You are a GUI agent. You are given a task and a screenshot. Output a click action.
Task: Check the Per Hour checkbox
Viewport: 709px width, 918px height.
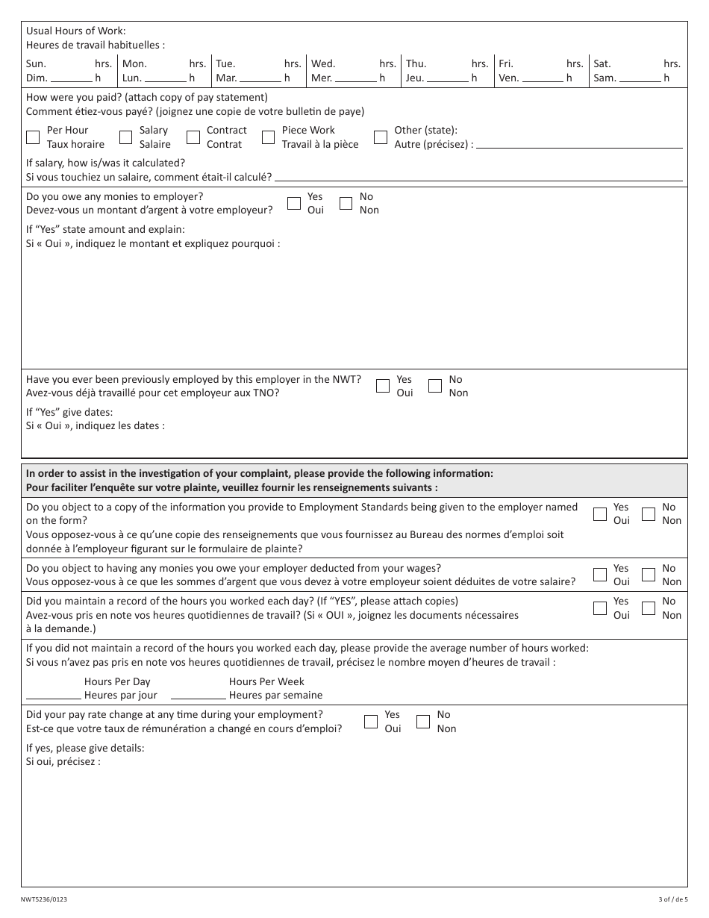click(x=33, y=137)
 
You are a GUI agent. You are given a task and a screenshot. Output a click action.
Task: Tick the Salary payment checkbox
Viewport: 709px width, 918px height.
click(x=125, y=137)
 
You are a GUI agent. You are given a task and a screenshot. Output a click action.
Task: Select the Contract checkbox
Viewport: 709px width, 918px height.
click(x=193, y=137)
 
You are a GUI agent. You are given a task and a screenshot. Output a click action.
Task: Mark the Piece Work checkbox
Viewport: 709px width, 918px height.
click(x=268, y=137)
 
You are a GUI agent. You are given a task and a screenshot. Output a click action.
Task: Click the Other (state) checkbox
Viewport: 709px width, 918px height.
click(x=381, y=137)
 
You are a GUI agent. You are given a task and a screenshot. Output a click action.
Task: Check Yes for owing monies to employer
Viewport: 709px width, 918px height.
click(x=294, y=203)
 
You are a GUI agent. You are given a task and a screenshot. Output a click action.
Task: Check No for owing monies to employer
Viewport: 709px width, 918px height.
click(x=346, y=203)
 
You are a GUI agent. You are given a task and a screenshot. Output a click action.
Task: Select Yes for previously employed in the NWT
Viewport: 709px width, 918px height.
click(x=383, y=386)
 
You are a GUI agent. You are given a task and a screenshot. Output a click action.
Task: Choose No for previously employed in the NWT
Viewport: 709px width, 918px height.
click(x=435, y=386)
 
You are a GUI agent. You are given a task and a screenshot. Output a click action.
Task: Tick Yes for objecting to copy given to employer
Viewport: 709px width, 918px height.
click(x=600, y=513)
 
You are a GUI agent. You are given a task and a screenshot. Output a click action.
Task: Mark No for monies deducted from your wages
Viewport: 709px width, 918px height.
click(x=649, y=575)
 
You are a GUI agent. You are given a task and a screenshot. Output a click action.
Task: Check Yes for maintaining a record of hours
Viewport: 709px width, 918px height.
click(x=600, y=608)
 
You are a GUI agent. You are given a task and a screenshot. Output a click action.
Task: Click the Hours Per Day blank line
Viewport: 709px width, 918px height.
click(x=54, y=694)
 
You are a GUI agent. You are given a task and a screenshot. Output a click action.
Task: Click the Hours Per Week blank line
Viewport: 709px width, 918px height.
click(x=199, y=694)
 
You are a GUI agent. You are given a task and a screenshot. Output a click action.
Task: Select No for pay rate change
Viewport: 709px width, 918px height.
click(x=423, y=722)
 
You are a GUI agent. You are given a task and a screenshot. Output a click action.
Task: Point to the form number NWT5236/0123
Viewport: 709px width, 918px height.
click(x=46, y=901)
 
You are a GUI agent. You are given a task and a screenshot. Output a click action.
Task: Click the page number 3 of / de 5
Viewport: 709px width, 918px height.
click(x=667, y=901)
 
